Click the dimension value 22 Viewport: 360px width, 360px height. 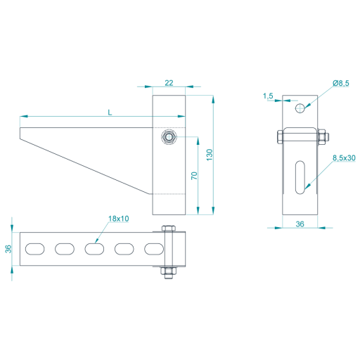tap(169, 83)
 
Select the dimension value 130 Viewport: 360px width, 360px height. tap(210, 155)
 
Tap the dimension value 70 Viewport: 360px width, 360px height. tap(194, 176)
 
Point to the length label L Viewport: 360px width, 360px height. tap(110, 112)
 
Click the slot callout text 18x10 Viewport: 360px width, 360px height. tap(119, 219)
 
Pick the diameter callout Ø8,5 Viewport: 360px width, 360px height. tap(341, 83)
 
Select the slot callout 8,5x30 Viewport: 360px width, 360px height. tap(344, 158)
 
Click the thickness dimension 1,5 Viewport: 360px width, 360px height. tap(268, 96)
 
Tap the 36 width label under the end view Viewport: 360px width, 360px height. tap(300, 224)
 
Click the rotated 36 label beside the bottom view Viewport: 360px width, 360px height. tap(8, 249)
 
